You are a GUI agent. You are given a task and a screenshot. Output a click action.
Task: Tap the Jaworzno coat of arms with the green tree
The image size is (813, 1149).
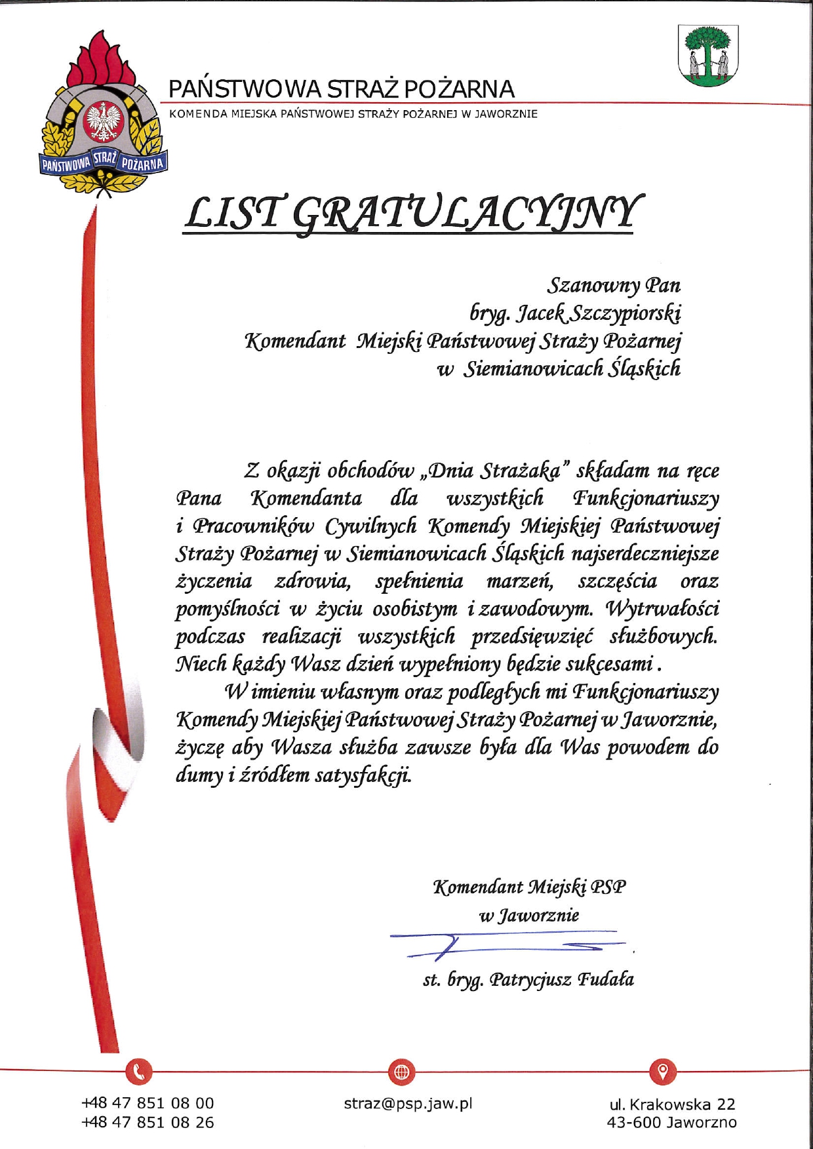[707, 55]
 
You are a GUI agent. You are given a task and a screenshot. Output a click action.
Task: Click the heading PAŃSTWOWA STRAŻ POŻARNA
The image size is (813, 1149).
[341, 89]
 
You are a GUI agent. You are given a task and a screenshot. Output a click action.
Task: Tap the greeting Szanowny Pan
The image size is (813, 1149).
[614, 285]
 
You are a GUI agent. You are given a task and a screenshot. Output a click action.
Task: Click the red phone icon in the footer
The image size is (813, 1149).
[138, 1072]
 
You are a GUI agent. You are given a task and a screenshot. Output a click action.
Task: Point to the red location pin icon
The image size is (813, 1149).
[663, 1071]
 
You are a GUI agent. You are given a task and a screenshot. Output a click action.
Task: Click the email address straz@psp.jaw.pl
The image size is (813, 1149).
[408, 1104]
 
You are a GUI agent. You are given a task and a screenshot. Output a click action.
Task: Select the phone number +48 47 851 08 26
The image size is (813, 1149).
[148, 1123]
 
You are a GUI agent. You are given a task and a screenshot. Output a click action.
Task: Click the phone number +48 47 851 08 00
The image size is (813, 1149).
[148, 1104]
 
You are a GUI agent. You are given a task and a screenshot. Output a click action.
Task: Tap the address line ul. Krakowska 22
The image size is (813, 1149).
[672, 1104]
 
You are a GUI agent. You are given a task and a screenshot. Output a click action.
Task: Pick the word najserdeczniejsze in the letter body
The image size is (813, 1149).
[645, 554]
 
